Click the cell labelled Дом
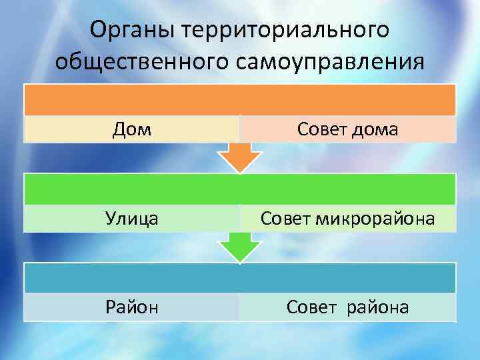tap(131, 129)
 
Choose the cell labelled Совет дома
tap(347, 129)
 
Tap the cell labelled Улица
tap(131, 218)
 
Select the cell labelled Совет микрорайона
tap(347, 218)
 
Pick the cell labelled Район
tap(131, 307)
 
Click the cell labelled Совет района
tap(347, 307)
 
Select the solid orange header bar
tap(239, 100)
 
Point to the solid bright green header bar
tap(239, 189)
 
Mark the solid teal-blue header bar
tap(239, 277)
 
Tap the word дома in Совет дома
tap(377, 129)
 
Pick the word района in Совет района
tap(378, 307)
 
